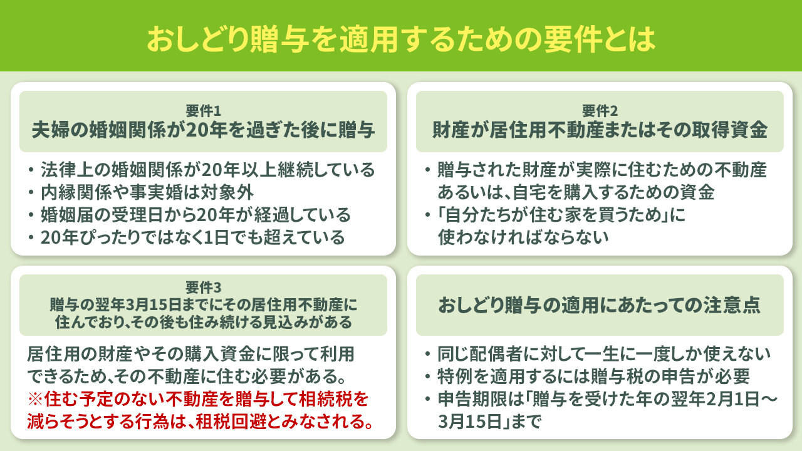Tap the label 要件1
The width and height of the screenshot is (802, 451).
[x=204, y=111]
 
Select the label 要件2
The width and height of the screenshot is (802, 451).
[x=600, y=111]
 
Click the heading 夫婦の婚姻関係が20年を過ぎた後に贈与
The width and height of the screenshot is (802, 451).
[x=204, y=130]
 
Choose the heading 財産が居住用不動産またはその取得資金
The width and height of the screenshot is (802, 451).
[x=600, y=130]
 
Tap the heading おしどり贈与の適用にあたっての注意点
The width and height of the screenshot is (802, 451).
[x=600, y=305]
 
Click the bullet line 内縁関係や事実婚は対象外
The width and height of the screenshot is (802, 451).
[x=147, y=192]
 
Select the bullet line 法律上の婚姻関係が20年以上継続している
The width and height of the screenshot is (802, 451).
[x=207, y=170]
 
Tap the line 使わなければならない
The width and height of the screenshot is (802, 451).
[x=523, y=238]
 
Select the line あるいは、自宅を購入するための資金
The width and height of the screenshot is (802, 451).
[x=576, y=192]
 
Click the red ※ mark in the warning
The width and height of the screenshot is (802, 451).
[x=35, y=399]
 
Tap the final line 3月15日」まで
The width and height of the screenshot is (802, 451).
[x=488, y=422]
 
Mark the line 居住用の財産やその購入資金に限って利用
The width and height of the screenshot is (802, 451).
[x=191, y=355]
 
